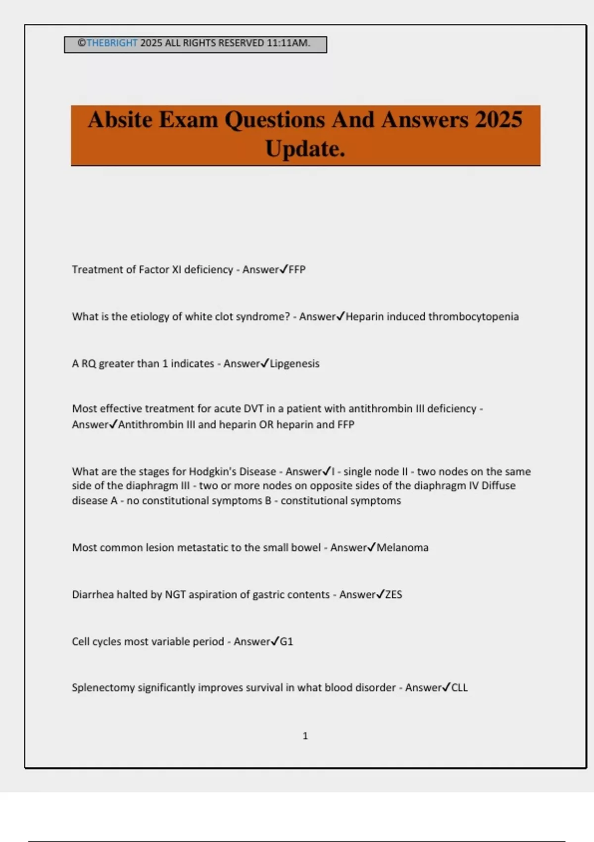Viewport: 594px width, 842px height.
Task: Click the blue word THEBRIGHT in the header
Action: click(112, 43)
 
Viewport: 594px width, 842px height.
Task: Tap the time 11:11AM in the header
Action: click(288, 43)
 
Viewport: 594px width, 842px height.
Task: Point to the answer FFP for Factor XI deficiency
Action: click(297, 269)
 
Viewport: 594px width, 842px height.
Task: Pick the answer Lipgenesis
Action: click(295, 364)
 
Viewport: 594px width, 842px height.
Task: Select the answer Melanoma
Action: click(402, 547)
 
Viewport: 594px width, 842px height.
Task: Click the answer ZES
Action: click(394, 594)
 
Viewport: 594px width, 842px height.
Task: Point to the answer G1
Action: click(287, 641)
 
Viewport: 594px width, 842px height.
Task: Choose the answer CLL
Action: click(459, 687)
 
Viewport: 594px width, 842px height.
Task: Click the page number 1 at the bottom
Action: click(305, 736)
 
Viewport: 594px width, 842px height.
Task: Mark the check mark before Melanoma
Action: click(371, 547)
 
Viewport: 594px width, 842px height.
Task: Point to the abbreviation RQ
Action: click(89, 364)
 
